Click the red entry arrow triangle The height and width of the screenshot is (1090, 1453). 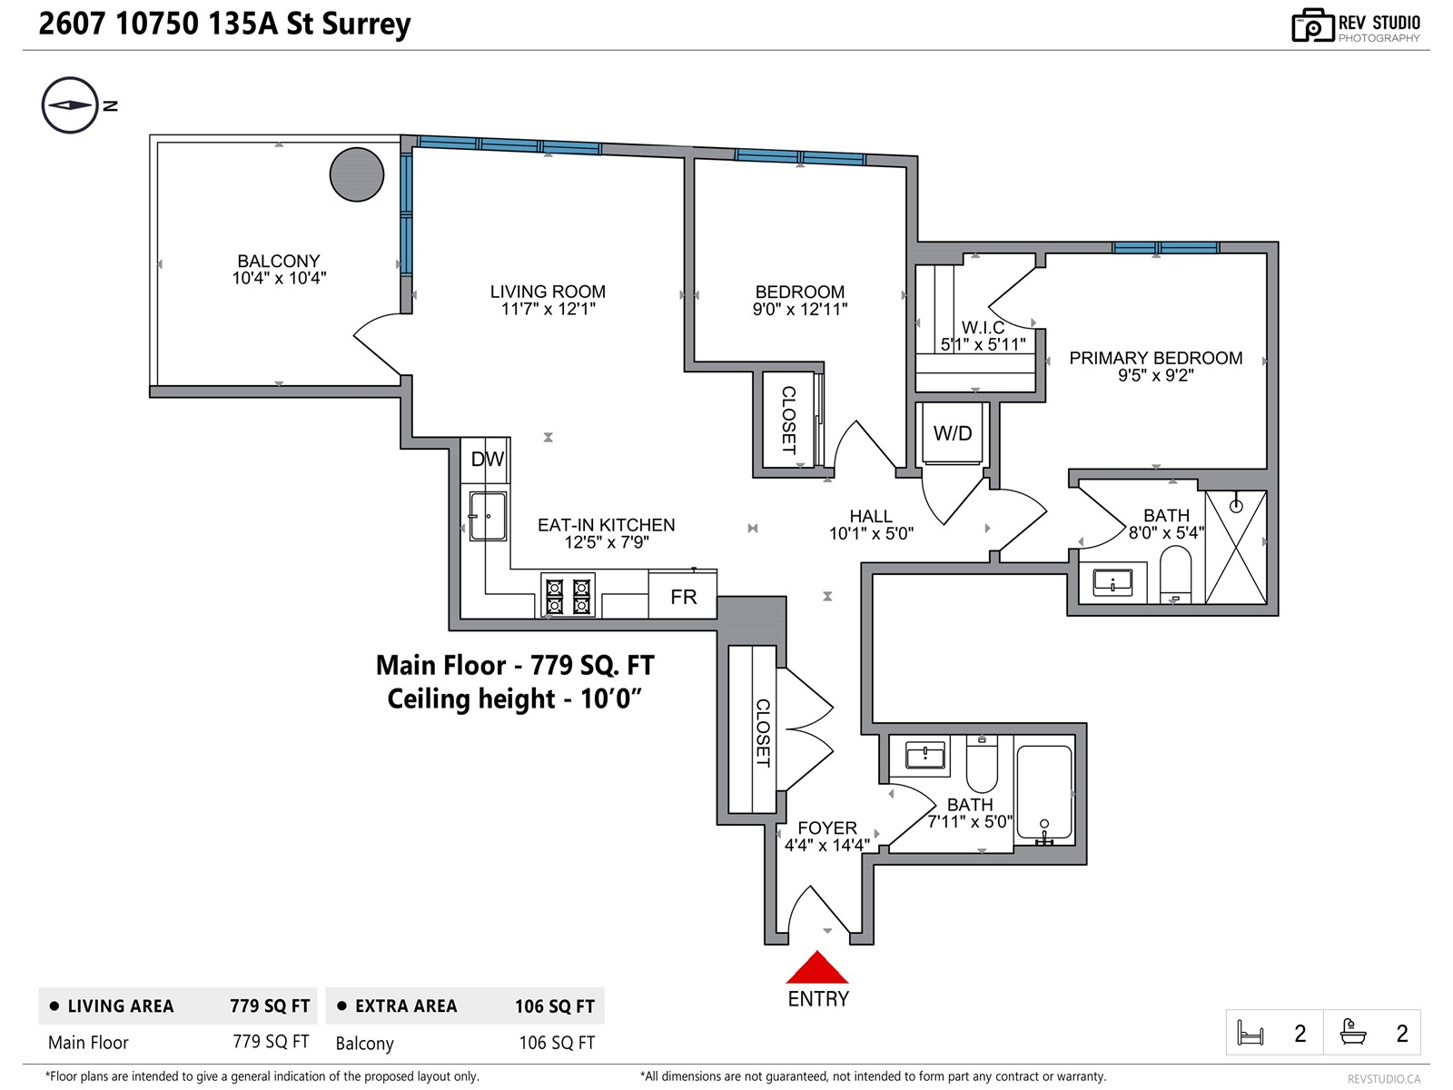click(817, 969)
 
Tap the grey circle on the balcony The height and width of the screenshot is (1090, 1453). click(357, 174)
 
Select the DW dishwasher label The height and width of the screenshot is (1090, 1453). click(487, 460)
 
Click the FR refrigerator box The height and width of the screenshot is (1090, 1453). click(683, 597)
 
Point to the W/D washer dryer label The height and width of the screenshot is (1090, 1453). click(953, 433)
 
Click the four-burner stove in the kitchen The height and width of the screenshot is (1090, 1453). click(568, 596)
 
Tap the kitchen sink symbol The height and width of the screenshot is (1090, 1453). click(488, 516)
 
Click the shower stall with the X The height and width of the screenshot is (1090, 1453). click(1235, 547)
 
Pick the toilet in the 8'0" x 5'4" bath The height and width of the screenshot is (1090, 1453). click(1175, 572)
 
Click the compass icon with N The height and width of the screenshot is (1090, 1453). click(70, 105)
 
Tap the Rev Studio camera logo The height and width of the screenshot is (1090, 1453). click(1312, 26)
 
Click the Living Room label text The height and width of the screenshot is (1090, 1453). click(548, 292)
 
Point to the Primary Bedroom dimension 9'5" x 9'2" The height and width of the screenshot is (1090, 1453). click(1155, 375)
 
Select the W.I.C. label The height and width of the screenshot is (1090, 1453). click(983, 327)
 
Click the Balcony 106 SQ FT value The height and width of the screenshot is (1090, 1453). click(556, 1043)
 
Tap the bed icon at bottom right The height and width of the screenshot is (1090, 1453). click(1250, 1033)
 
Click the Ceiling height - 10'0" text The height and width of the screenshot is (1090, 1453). click(515, 699)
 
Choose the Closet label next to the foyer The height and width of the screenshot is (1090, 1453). click(763, 732)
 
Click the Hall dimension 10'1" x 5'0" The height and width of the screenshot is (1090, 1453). click(871, 533)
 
